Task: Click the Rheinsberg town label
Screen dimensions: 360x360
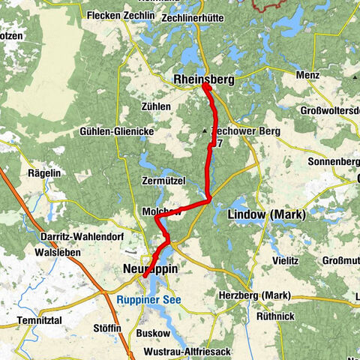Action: pos(203,79)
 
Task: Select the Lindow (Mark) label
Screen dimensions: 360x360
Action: pos(265,215)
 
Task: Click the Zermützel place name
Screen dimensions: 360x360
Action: pos(162,181)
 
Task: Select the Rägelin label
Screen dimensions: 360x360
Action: pos(44,172)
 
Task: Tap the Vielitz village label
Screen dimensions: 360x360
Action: pos(286,260)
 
